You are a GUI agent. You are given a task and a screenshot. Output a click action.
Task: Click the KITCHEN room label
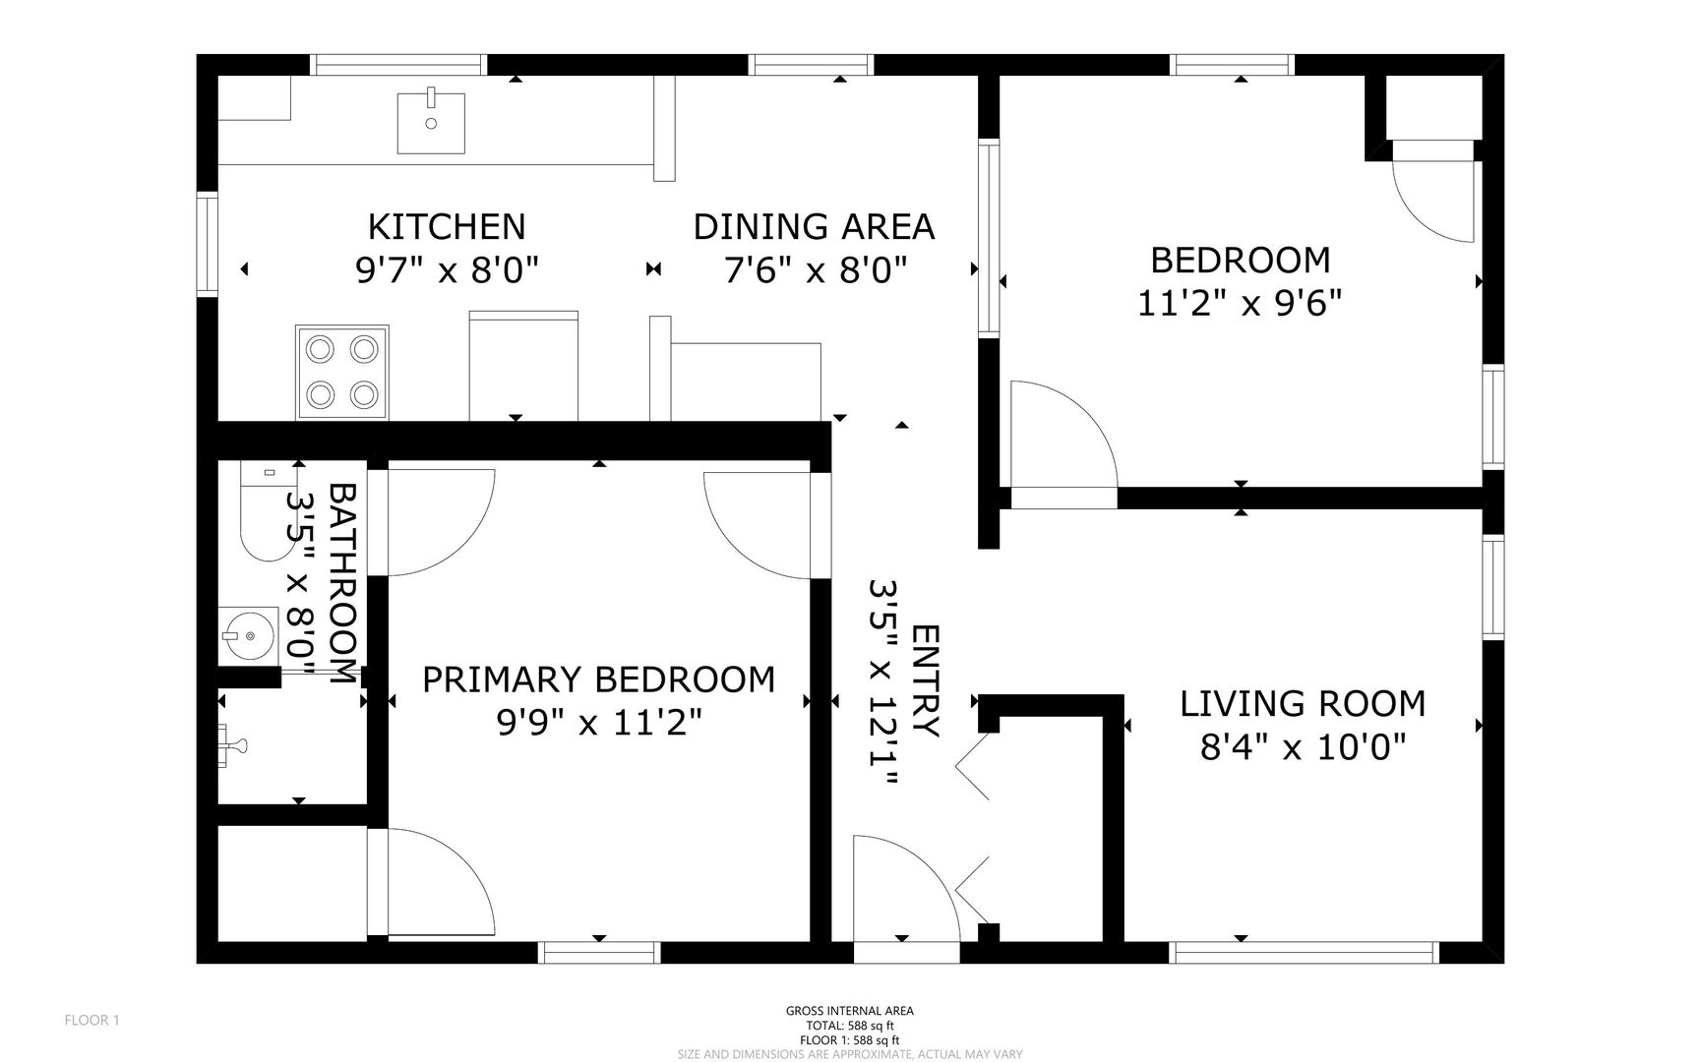click(447, 227)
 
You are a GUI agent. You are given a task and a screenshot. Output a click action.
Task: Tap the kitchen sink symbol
click(431, 122)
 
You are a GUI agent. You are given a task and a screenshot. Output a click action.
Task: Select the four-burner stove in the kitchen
click(342, 372)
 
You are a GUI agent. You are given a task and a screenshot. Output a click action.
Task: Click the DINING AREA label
click(814, 227)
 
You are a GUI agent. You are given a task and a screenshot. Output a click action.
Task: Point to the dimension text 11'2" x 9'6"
click(1240, 303)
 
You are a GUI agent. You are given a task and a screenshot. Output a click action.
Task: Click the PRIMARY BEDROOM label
click(598, 679)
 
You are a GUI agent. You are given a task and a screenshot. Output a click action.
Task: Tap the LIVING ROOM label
click(1303, 704)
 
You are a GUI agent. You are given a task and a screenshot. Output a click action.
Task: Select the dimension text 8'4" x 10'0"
click(1303, 748)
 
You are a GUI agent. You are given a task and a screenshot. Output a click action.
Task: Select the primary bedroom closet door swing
click(433, 881)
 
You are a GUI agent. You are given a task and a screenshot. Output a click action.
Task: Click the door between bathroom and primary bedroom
click(438, 521)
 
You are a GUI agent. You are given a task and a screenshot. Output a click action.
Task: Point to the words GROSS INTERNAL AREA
click(849, 1011)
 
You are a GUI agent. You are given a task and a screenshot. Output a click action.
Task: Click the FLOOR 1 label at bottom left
click(91, 1021)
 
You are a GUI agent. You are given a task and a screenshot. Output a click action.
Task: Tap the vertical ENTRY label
click(925, 680)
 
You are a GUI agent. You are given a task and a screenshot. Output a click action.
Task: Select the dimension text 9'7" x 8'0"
click(447, 270)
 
